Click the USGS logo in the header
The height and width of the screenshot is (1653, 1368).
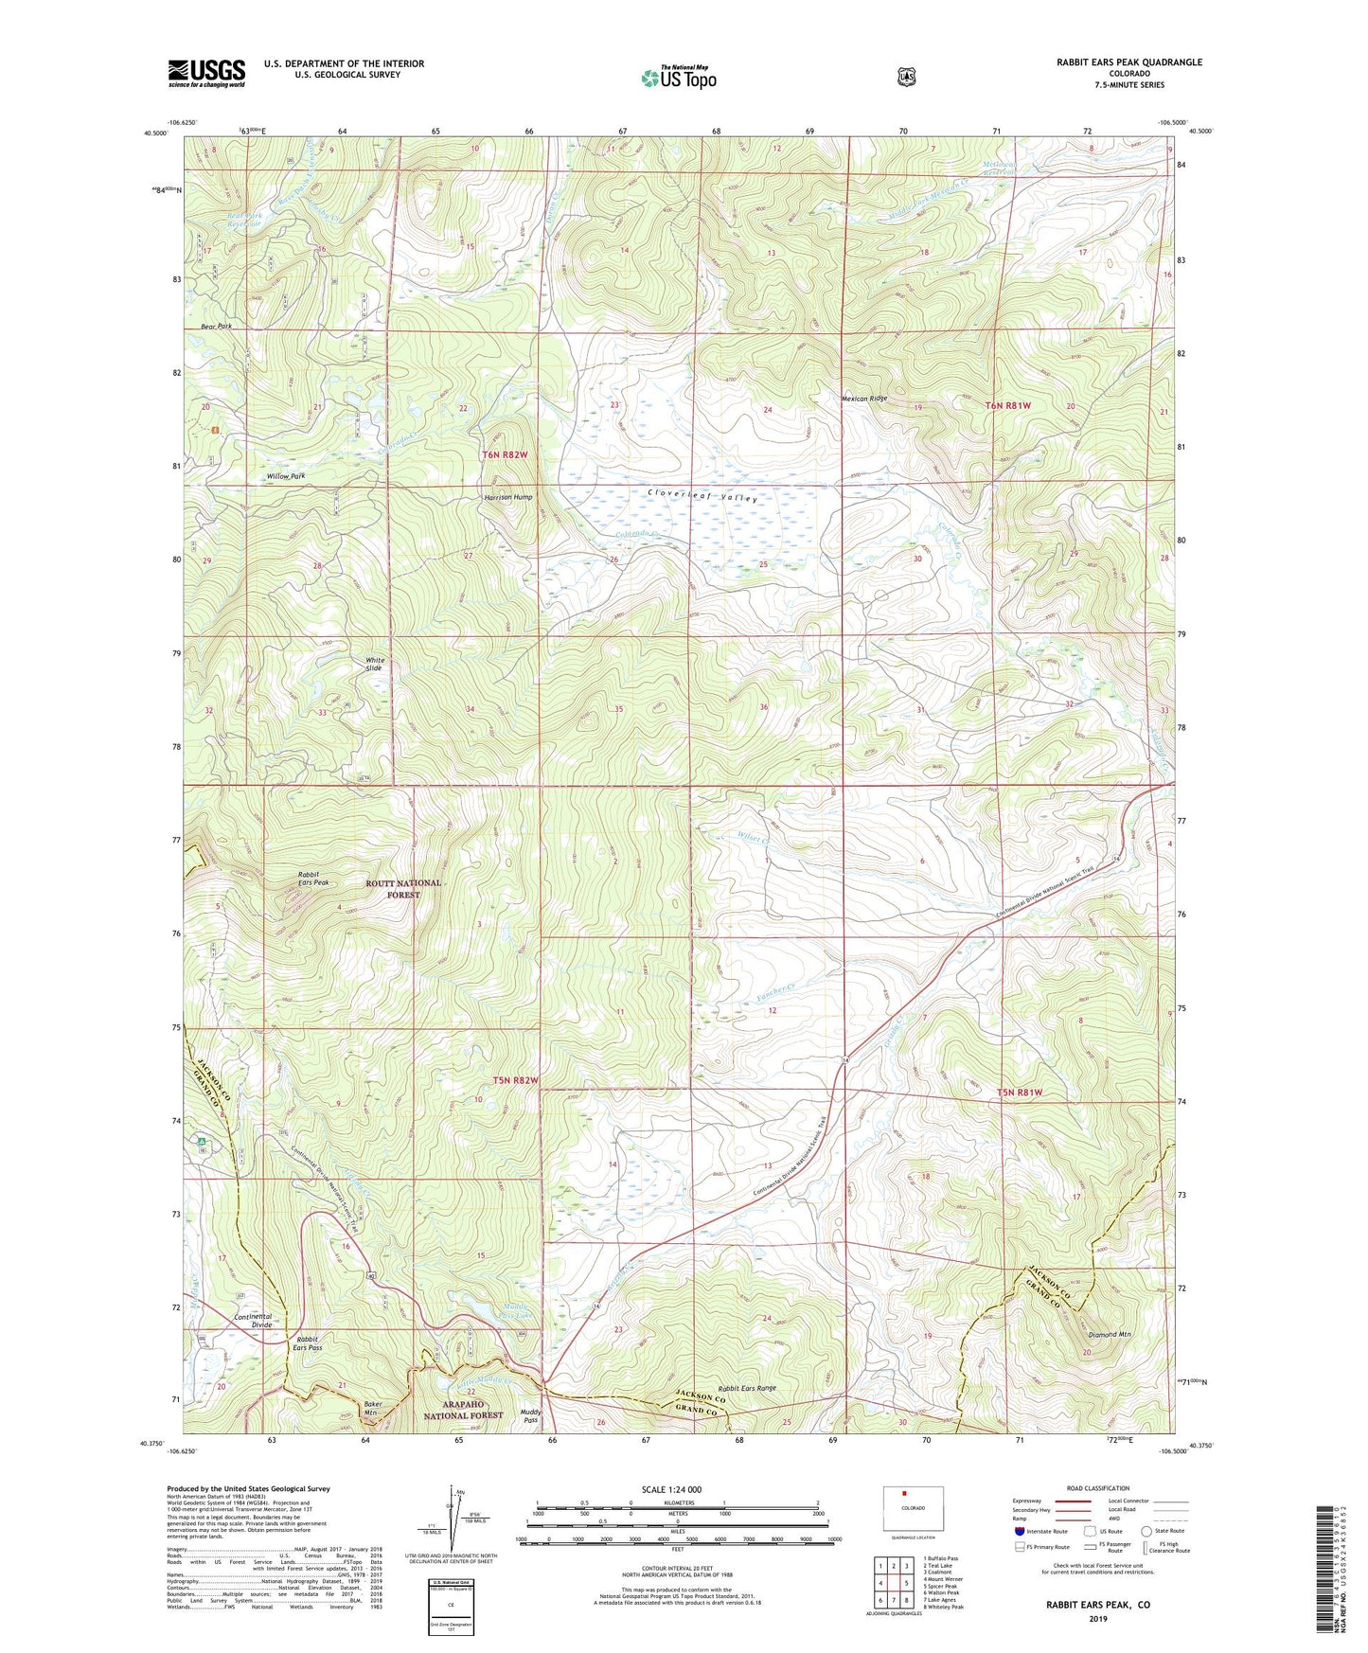[206, 73]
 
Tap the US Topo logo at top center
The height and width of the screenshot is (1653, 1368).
[678, 78]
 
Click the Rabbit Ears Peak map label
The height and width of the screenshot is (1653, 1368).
[312, 879]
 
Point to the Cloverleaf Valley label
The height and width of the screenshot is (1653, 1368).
[702, 495]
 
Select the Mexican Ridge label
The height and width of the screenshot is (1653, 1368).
[864, 399]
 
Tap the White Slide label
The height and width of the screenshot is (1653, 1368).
[374, 665]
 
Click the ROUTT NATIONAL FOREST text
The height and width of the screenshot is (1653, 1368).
[403, 888]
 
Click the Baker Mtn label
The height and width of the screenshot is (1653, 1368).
[377, 1409]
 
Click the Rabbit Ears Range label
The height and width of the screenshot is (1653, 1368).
[746, 1388]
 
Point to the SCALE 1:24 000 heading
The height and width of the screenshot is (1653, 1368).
[670, 1489]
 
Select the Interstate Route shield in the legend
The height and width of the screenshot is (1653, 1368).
[1019, 1531]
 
